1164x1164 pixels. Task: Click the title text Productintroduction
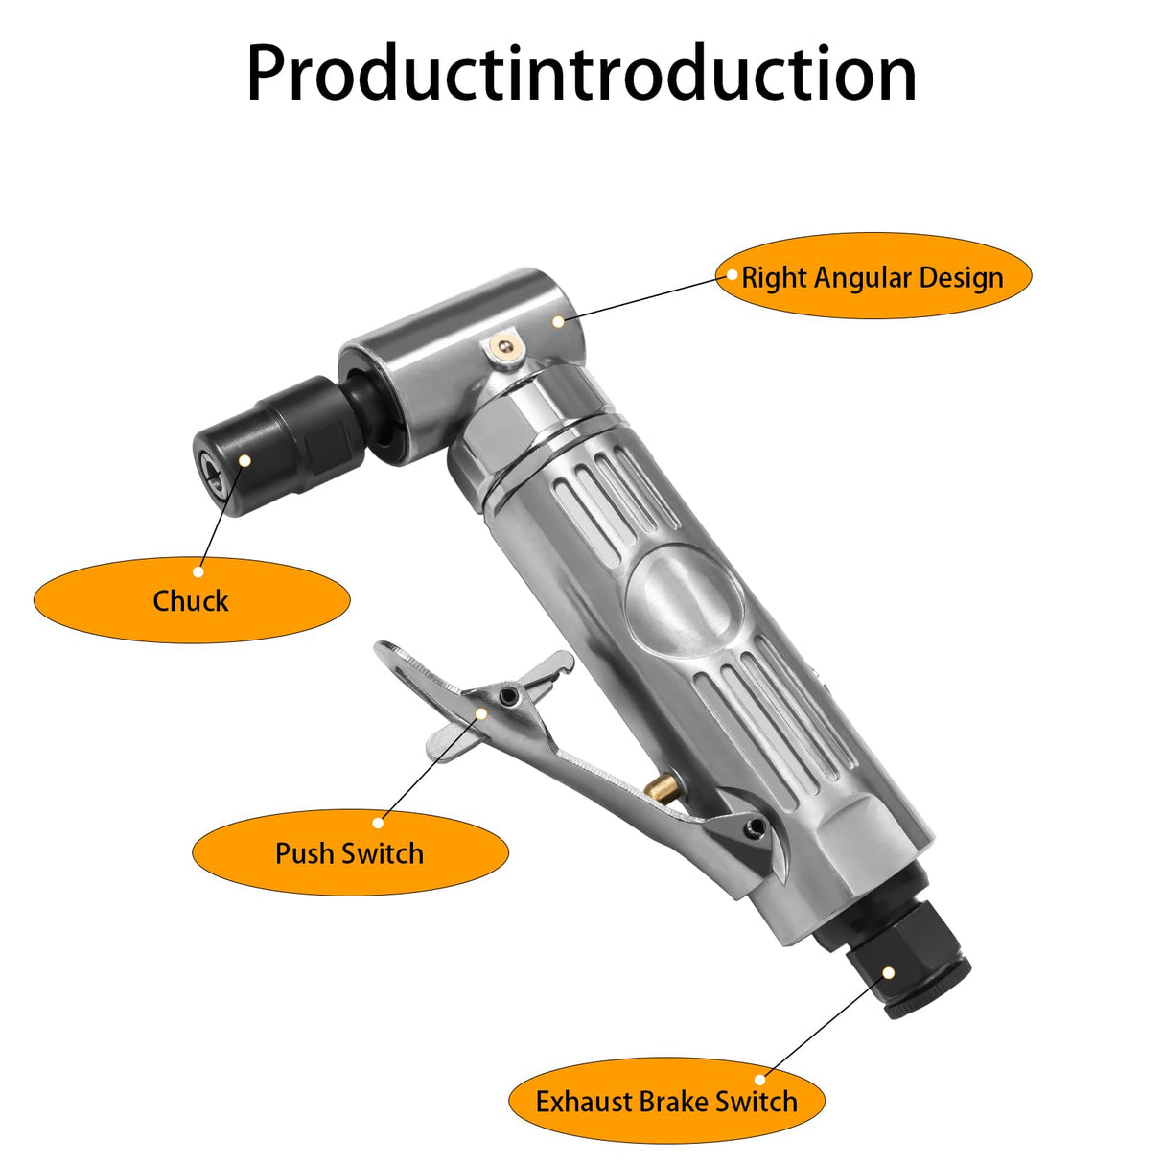tap(581, 74)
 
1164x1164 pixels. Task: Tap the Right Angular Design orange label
tap(873, 277)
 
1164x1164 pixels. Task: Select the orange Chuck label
tap(191, 600)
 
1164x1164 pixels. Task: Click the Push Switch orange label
tap(349, 852)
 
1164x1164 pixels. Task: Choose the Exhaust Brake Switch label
tap(665, 1101)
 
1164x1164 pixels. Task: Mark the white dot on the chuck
tap(244, 460)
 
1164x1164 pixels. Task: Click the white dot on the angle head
tap(559, 321)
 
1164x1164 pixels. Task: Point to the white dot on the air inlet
tap(889, 972)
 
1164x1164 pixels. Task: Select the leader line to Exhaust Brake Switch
tap(825, 1026)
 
